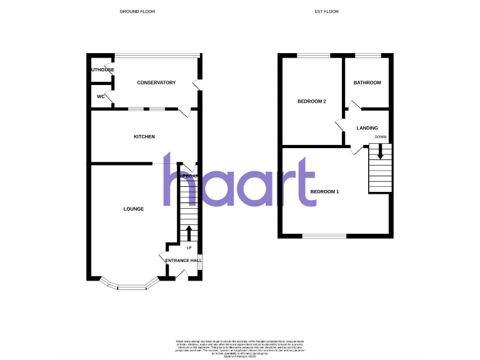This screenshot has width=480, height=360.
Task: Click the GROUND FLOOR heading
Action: [137, 12]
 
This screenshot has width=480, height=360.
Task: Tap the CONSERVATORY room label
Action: [156, 83]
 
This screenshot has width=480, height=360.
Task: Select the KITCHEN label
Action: [144, 137]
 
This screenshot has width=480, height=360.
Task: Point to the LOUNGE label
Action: [134, 209]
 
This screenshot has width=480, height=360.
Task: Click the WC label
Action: [101, 97]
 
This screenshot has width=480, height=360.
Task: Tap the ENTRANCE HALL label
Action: [183, 260]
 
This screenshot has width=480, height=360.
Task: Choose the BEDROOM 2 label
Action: [312, 101]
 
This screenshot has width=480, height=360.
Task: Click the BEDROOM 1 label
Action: [324, 191]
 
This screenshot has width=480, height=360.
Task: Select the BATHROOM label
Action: [367, 83]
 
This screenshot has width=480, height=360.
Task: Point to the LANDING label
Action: [367, 128]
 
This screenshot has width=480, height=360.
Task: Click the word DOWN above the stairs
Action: [380, 137]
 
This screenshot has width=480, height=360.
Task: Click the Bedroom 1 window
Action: [324, 236]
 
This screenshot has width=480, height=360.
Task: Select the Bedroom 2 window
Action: [313, 56]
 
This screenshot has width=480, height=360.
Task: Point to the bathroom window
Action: [368, 56]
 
